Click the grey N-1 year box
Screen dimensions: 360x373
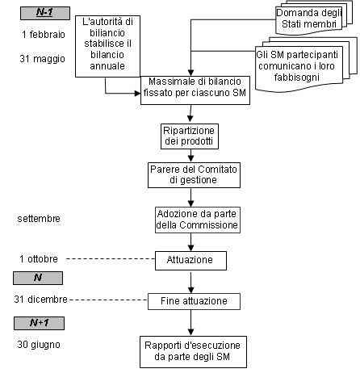[45, 13]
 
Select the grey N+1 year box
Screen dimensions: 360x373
[39, 323]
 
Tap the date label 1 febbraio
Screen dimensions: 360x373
[44, 35]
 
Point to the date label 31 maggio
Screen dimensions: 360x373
[43, 59]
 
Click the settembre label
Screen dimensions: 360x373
[39, 219]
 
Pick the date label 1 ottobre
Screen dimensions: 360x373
[39, 259]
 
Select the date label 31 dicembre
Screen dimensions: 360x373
[40, 300]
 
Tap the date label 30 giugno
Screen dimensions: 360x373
[39, 345]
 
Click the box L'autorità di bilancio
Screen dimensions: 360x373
[107, 46]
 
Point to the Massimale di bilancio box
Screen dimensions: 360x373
[195, 90]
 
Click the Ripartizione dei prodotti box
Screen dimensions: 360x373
[190, 136]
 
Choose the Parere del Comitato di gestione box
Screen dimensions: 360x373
[194, 175]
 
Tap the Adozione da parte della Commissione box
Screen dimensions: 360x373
[198, 220]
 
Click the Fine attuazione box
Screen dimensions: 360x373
[194, 301]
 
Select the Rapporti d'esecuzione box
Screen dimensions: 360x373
[193, 352]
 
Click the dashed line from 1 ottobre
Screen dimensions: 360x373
[111, 259]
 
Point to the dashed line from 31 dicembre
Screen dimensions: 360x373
[109, 300]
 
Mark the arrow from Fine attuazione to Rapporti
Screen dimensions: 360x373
[191, 323]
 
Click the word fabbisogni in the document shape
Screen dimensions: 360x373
[297, 78]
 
